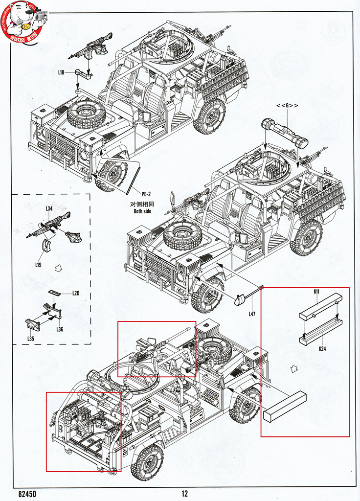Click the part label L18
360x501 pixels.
61,72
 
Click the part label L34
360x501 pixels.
49,209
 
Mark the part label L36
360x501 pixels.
60,329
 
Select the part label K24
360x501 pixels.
322,349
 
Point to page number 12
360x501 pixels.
184,494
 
